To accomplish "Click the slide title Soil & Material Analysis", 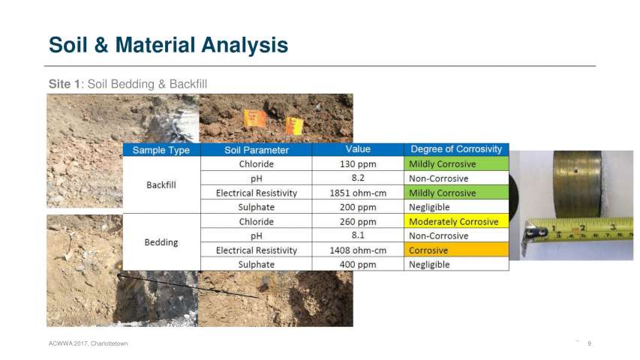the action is [x=168, y=45].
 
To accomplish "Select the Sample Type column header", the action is [x=161, y=150].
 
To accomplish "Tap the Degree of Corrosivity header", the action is [x=456, y=149].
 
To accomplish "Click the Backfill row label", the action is [x=161, y=185].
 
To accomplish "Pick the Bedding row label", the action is [x=161, y=242].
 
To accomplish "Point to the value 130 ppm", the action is [x=358, y=164].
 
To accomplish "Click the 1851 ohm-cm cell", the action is [x=358, y=193].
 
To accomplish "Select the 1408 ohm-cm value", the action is [x=358, y=250].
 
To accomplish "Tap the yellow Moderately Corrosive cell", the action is [x=456, y=221].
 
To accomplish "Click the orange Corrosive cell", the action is [x=456, y=250].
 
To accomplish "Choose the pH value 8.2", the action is [x=358, y=178].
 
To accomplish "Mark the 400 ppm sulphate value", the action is [x=358, y=265].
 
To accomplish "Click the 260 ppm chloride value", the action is [x=358, y=222].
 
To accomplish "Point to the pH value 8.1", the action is [x=358, y=235].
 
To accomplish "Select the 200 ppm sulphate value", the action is [x=358, y=207].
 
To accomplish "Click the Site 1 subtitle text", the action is [x=128, y=84].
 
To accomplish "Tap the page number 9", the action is [x=590, y=343].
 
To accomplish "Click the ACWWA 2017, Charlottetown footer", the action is [x=89, y=343].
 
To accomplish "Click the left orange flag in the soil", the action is [x=254, y=118].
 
